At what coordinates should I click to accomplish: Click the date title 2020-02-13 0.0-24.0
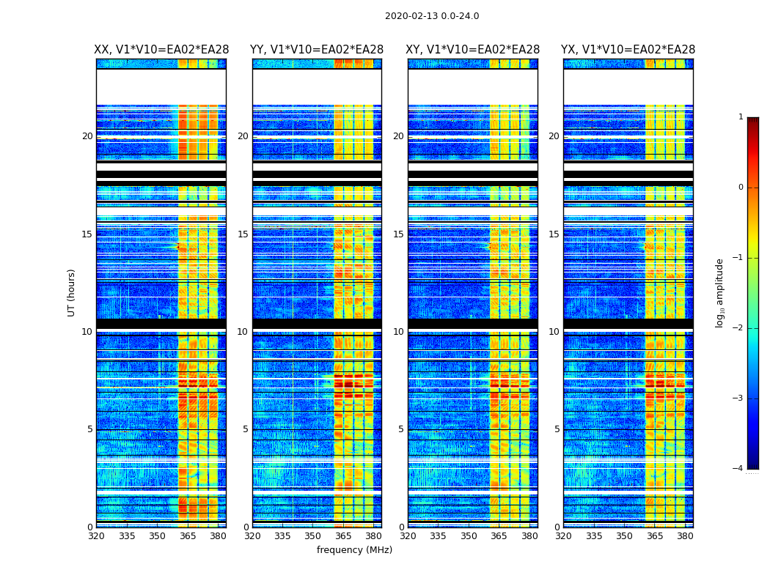[x=432, y=16]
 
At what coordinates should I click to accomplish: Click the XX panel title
[x=161, y=50]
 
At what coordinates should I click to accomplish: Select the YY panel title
[x=317, y=50]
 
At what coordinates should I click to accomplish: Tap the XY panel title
[x=473, y=50]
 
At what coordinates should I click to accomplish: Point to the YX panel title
[x=628, y=50]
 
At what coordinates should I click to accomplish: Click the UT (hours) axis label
[x=72, y=292]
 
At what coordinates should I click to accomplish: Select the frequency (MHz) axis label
[x=354, y=550]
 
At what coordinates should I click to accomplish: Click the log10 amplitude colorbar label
[x=720, y=292]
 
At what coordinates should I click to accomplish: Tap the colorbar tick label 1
[x=740, y=117]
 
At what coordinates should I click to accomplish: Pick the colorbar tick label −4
[x=738, y=469]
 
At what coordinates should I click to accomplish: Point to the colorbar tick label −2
[x=738, y=328]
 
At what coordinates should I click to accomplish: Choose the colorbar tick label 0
[x=740, y=188]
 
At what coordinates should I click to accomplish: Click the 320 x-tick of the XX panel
[x=96, y=536]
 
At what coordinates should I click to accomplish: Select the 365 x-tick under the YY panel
[x=343, y=536]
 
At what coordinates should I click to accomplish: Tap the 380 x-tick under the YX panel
[x=685, y=536]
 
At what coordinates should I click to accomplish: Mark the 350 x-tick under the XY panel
[x=469, y=536]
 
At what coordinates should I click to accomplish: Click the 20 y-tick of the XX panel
[x=87, y=136]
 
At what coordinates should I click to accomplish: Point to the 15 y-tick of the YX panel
[x=554, y=234]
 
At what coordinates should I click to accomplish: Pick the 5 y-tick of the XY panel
[x=401, y=429]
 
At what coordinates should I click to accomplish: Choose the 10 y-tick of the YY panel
[x=243, y=332]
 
